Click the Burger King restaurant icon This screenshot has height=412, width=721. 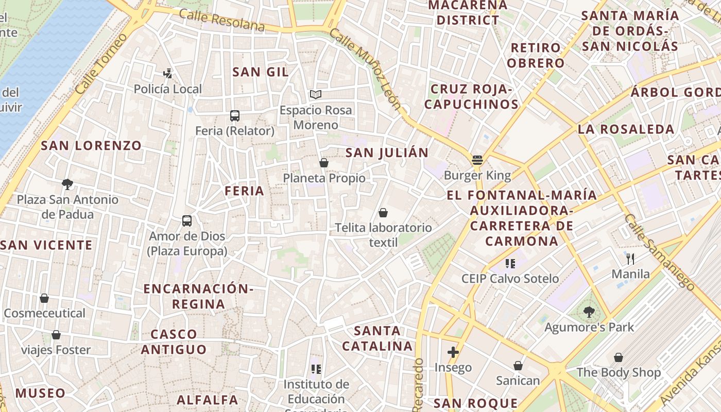pos(477,160)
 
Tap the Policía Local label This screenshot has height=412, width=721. pos(168,89)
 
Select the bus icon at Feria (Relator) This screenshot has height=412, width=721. pos(235,115)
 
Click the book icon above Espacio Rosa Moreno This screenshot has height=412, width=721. pos(316,95)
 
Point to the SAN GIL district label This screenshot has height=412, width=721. pos(260,72)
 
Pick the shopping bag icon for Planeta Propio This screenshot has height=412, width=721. pos(324,163)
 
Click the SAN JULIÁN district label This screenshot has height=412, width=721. pos(387,153)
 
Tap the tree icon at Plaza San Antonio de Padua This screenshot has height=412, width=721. pos(67,184)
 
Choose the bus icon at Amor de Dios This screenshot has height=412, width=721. pos(187,221)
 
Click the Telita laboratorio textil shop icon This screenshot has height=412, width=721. pos(383,212)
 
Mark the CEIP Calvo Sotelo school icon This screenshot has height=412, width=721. pos(510,264)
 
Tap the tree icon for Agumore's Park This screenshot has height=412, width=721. pos(589,312)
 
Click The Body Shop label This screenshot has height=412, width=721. pos(618,372)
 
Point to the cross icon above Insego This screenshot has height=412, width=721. pos(453,352)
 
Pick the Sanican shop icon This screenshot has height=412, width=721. pos(518,366)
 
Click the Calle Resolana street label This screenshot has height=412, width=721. pos(222,21)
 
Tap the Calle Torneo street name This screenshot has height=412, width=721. pos(101,64)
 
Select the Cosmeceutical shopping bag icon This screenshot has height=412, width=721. pos(44,298)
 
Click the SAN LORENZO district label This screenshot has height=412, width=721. pos(91,146)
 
